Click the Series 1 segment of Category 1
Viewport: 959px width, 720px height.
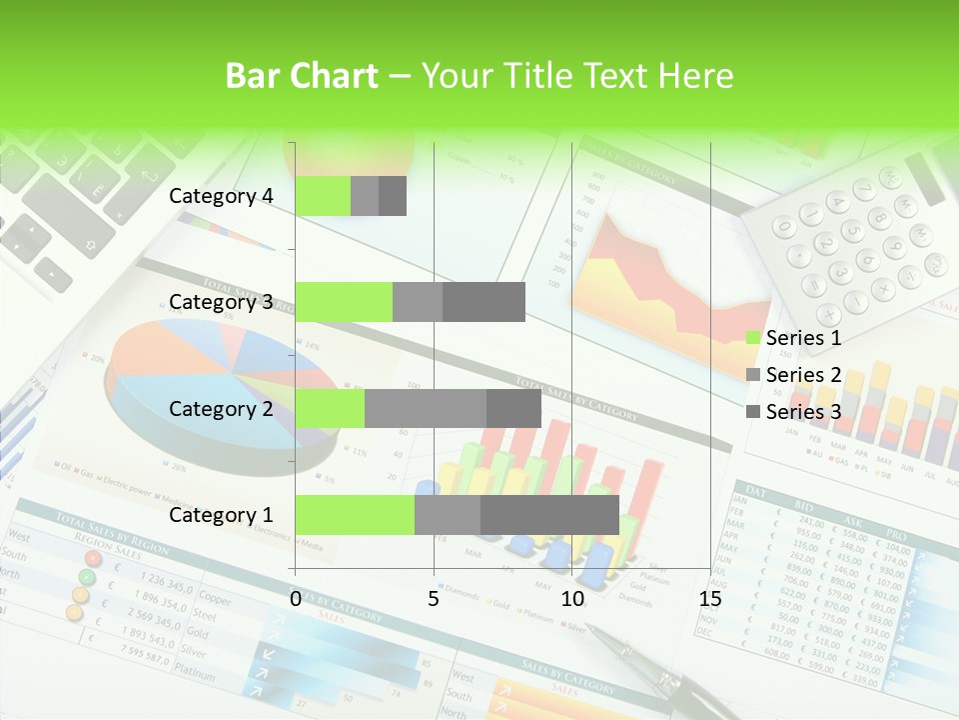[355, 514]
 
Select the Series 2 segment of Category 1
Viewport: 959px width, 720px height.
[448, 514]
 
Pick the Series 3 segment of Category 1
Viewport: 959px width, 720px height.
[549, 514]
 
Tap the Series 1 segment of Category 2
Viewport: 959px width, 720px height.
[330, 408]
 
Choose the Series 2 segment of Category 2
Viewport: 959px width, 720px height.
[426, 408]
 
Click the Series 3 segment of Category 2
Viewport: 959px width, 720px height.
[513, 408]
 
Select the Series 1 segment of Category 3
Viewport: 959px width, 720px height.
[344, 302]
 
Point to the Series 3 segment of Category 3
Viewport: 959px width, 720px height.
[483, 302]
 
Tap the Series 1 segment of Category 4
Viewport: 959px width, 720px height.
[323, 196]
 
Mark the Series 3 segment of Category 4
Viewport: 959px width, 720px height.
[393, 196]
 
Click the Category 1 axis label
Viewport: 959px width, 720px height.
[221, 515]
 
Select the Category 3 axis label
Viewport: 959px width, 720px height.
[221, 302]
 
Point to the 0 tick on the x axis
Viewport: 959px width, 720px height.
[296, 599]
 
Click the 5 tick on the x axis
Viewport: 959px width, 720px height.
[434, 599]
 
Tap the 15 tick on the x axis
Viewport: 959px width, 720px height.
[710, 599]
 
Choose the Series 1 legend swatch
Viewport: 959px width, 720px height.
[753, 338]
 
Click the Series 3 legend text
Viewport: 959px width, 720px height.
[803, 412]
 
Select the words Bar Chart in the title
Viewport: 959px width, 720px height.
[302, 76]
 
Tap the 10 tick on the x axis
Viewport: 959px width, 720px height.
[571, 599]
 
